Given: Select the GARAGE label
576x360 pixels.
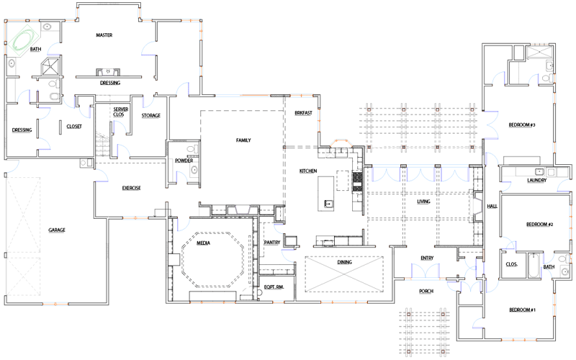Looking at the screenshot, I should point(57,230).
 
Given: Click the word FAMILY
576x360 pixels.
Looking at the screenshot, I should point(243,140).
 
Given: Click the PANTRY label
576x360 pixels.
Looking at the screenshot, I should point(271,243).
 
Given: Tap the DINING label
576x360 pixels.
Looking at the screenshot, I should point(345,263).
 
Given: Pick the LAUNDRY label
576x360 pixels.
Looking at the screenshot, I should point(536,180).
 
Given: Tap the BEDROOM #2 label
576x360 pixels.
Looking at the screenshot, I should point(539,225).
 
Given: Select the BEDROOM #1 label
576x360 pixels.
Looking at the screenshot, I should point(523,310).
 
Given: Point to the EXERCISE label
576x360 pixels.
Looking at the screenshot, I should point(131,188).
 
